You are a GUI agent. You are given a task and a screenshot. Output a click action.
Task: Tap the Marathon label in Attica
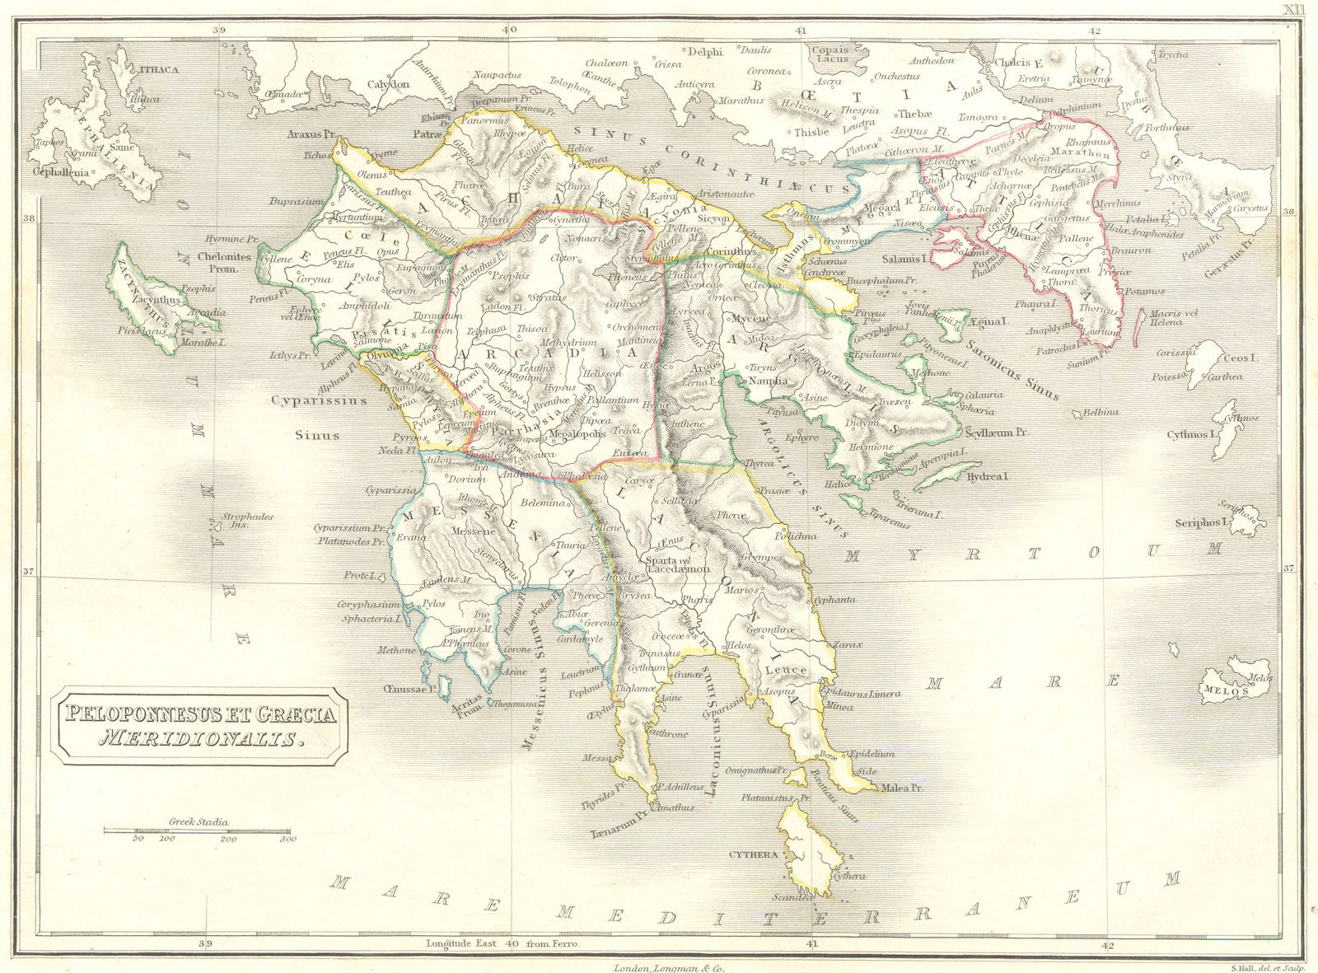(1080, 152)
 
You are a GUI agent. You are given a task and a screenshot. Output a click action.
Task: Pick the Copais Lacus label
(830, 54)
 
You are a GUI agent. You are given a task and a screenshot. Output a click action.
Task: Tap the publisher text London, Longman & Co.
(668, 967)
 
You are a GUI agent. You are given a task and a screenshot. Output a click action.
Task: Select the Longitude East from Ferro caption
(502, 943)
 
